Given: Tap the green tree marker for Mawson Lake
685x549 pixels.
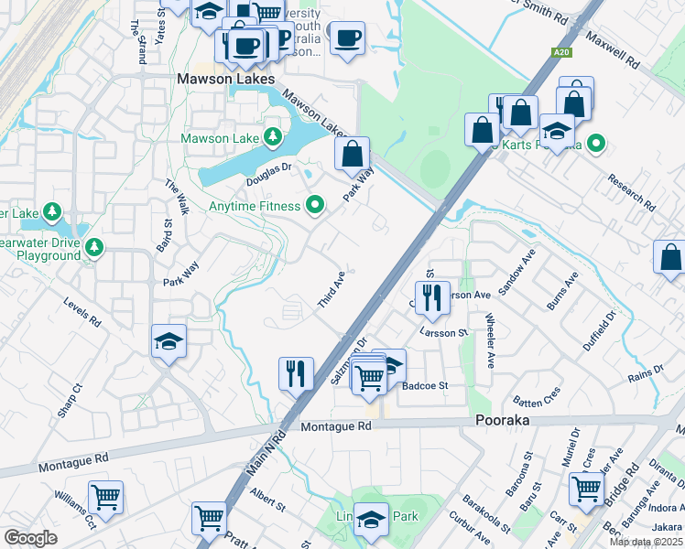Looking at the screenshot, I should point(272,138).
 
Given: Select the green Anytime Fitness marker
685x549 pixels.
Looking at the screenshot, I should point(316,205).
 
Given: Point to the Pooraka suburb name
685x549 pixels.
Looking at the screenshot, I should point(504,421).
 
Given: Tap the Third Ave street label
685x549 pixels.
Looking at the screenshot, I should point(332,288).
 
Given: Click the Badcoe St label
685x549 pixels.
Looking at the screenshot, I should point(424,386).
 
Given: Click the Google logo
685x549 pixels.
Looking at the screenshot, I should point(30,538).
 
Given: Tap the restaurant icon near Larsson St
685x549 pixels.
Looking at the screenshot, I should point(430,296).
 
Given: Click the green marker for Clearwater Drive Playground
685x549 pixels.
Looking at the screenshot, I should point(92,247).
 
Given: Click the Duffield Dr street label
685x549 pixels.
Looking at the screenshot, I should point(601,330).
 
